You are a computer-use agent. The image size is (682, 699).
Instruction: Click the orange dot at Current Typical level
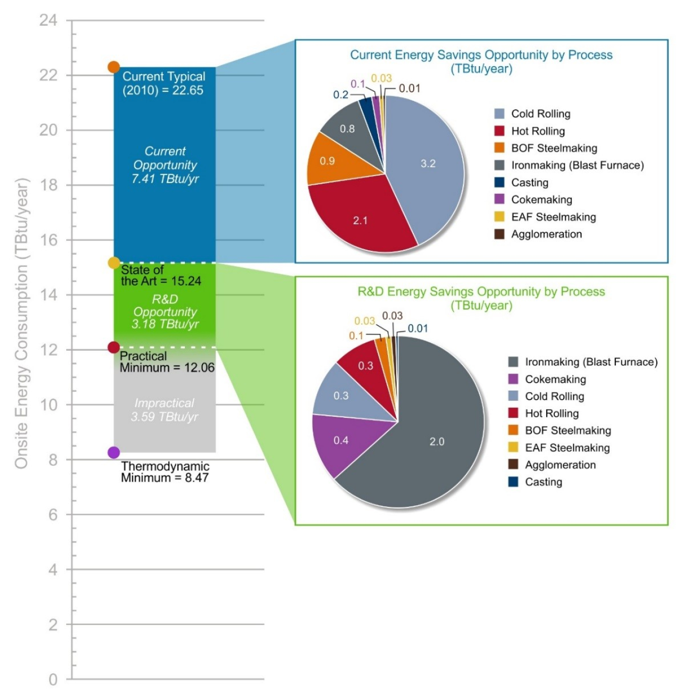pos(114,67)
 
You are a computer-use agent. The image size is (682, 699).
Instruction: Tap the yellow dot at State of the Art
pos(114,263)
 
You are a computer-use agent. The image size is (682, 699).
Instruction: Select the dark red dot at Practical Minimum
pos(114,347)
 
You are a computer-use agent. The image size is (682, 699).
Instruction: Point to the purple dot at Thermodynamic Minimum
pos(114,452)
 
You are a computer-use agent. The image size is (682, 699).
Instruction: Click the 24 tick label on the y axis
pos(48,20)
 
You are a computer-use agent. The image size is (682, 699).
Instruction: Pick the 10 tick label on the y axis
pos(48,405)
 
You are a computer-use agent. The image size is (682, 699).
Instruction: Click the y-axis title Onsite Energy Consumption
pos(21,323)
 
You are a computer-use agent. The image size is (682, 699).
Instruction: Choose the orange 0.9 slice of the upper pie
pos(327,161)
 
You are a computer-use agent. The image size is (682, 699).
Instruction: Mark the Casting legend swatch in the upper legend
pos(499,183)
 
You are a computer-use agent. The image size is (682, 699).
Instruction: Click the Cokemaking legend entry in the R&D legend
pos(555,379)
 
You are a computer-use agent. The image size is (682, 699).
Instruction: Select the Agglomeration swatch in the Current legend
pos(499,234)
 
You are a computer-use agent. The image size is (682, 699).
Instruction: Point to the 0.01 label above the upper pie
pos(409,88)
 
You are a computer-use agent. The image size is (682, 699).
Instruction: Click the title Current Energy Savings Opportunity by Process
pos(481,55)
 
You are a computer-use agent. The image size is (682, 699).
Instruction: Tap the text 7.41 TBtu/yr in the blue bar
pos(165,179)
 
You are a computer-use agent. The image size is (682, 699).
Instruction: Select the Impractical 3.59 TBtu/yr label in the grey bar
pos(165,410)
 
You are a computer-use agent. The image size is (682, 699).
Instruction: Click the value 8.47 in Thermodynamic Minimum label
pos(197,477)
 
